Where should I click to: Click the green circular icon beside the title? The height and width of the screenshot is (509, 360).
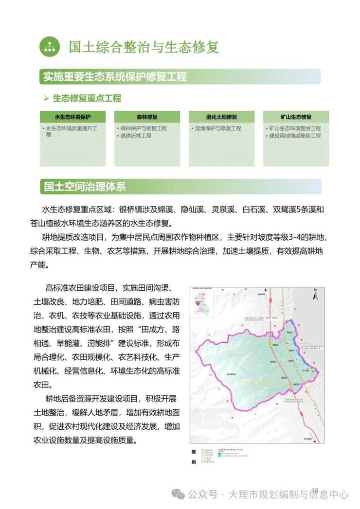(x=49, y=47)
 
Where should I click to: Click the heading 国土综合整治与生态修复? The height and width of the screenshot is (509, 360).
(x=144, y=47)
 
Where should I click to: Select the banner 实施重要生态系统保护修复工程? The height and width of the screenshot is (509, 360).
(x=115, y=77)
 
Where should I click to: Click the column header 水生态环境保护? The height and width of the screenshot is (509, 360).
(x=72, y=117)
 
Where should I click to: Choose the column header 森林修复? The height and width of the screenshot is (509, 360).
(x=147, y=117)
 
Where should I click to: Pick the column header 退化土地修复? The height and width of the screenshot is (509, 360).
(x=221, y=117)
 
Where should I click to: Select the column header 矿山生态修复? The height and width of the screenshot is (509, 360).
(x=296, y=117)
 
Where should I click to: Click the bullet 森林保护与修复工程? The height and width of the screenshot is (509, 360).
(x=143, y=128)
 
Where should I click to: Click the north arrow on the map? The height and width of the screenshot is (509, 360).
(x=315, y=294)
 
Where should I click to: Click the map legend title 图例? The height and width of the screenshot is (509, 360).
(x=193, y=456)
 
